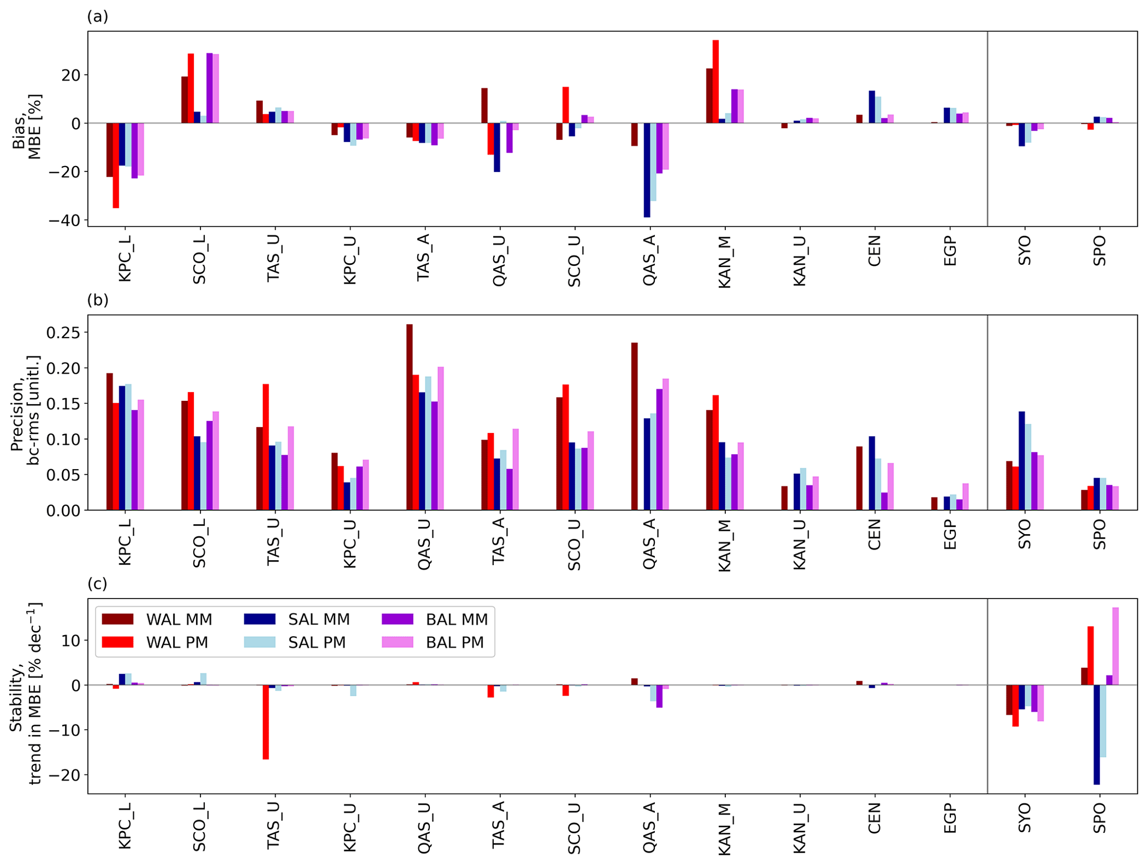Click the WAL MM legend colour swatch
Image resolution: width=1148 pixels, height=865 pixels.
pyautogui.click(x=118, y=619)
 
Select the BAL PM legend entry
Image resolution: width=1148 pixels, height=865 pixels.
pyautogui.click(x=454, y=642)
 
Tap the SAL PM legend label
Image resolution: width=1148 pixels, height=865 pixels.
pyautogui.click(x=317, y=642)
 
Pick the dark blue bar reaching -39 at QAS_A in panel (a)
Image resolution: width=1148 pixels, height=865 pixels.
pyautogui.click(x=647, y=169)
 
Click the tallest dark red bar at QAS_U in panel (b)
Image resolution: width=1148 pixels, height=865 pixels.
pyautogui.click(x=409, y=416)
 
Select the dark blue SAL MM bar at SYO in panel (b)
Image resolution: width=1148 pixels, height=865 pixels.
pyautogui.click(x=1022, y=460)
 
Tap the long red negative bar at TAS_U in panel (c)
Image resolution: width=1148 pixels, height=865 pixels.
pyautogui.click(x=266, y=722)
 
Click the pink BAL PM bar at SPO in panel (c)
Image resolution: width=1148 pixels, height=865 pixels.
pyautogui.click(x=1115, y=646)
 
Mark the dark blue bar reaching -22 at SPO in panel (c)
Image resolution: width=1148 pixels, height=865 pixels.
pyautogui.click(x=1097, y=734)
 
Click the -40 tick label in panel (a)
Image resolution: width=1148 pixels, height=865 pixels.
pyautogui.click(x=64, y=221)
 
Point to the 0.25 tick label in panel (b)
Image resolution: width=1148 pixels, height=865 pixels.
pyautogui.click(x=63, y=333)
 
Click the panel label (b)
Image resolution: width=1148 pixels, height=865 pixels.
pyautogui.click(x=98, y=300)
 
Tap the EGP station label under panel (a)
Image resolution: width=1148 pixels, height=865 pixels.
pyautogui.click(x=950, y=251)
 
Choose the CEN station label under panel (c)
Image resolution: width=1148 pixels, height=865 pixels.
pyautogui.click(x=875, y=818)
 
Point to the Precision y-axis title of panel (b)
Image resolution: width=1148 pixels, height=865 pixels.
pyautogui.click(x=24, y=411)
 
